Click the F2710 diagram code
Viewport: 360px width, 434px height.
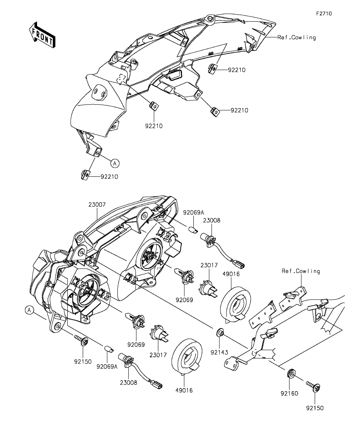324,13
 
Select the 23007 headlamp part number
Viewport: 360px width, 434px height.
96,205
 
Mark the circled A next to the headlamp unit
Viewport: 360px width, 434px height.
29,310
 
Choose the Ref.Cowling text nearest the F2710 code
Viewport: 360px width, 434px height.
297,37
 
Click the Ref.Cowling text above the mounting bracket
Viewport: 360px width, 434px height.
301,271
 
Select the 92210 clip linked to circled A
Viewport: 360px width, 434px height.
85,174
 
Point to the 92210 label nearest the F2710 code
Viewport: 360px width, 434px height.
236,70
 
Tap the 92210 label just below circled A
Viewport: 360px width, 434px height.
109,177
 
